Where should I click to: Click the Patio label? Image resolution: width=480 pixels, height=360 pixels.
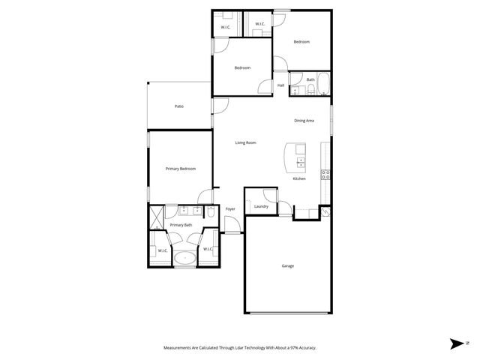(x=179, y=106)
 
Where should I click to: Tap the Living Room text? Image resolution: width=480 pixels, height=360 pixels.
(x=246, y=142)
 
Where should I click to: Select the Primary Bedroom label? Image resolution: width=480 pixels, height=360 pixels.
(x=181, y=169)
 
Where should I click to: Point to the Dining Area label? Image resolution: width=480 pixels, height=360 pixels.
(x=304, y=120)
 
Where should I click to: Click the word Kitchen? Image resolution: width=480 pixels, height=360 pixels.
(x=299, y=178)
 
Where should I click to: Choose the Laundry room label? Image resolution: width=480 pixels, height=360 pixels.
(x=261, y=206)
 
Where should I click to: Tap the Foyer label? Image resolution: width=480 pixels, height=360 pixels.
(x=230, y=208)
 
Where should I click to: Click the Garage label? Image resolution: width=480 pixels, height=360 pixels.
(x=287, y=265)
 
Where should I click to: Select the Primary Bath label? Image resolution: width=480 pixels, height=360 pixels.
(x=181, y=225)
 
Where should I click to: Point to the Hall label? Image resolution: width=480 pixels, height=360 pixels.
(x=280, y=85)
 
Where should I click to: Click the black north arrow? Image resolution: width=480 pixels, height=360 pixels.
(x=455, y=343)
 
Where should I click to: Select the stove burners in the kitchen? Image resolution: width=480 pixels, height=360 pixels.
(x=325, y=175)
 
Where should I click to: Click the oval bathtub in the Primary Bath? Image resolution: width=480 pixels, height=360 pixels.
(x=184, y=259)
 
